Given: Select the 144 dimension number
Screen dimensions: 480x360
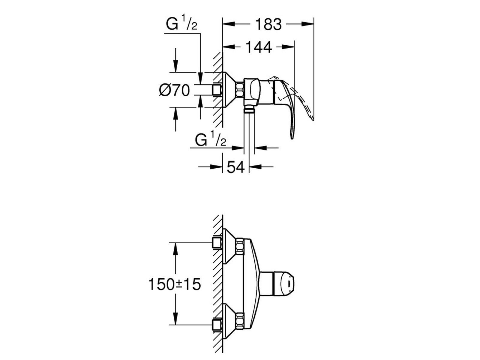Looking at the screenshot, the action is [x=259, y=47].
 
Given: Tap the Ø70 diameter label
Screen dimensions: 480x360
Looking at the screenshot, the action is [x=174, y=90].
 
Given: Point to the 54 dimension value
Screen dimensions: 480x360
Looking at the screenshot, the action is [x=236, y=167].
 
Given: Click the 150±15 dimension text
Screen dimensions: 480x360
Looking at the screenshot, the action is [x=174, y=284].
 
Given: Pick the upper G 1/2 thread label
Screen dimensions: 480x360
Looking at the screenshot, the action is [x=181, y=24].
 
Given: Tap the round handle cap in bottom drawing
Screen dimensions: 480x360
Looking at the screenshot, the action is [x=284, y=283].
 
